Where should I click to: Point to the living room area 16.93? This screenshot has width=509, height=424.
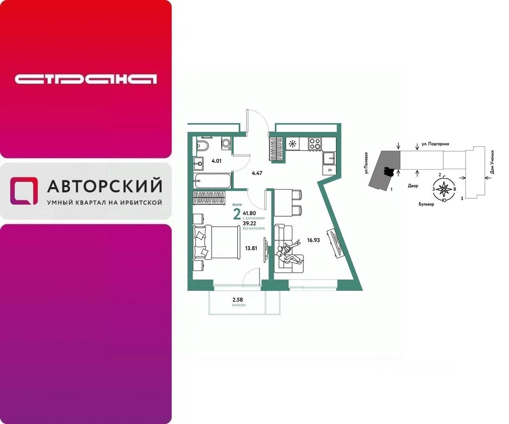(x=313, y=240)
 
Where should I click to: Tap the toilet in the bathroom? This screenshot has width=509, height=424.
(x=203, y=146)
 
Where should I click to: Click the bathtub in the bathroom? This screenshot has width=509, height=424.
(x=213, y=181)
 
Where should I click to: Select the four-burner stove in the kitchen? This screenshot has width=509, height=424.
(x=315, y=143)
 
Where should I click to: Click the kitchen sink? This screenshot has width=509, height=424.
(x=330, y=158)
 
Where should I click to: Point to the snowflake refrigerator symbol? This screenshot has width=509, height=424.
(x=292, y=144)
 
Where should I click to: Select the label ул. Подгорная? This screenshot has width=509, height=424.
(x=435, y=144)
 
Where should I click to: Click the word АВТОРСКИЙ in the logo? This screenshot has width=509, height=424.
(x=104, y=186)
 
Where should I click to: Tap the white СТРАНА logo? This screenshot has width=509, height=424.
(x=86, y=79)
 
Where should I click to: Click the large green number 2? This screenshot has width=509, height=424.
(x=237, y=215)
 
